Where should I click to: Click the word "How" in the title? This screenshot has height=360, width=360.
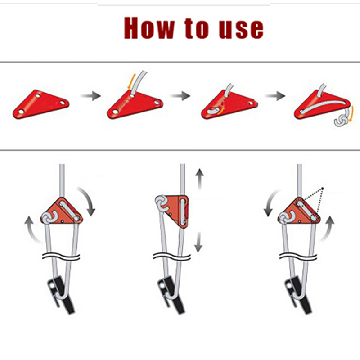click(149, 28)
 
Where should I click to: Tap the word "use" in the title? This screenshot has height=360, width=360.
click(241, 29)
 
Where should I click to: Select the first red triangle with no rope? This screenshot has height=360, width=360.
click(41, 104)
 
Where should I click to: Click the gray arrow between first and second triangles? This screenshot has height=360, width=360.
click(91, 96)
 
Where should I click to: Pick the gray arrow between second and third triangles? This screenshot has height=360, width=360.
click(180, 95)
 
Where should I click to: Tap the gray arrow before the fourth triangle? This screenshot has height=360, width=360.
click(275, 95)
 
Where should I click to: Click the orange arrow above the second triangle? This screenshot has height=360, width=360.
click(130, 81)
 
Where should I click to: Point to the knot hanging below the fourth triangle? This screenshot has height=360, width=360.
click(342, 120)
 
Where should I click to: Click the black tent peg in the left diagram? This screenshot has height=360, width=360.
click(60, 294)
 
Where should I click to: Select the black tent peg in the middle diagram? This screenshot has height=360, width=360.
click(171, 294)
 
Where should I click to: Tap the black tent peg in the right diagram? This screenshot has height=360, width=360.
click(298, 294)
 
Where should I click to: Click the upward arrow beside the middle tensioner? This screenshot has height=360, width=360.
click(199, 179)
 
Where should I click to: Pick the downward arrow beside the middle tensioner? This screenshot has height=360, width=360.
click(198, 242)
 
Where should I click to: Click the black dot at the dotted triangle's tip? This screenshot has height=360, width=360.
click(323, 189)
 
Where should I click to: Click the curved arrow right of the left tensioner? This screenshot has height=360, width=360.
click(88, 200)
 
